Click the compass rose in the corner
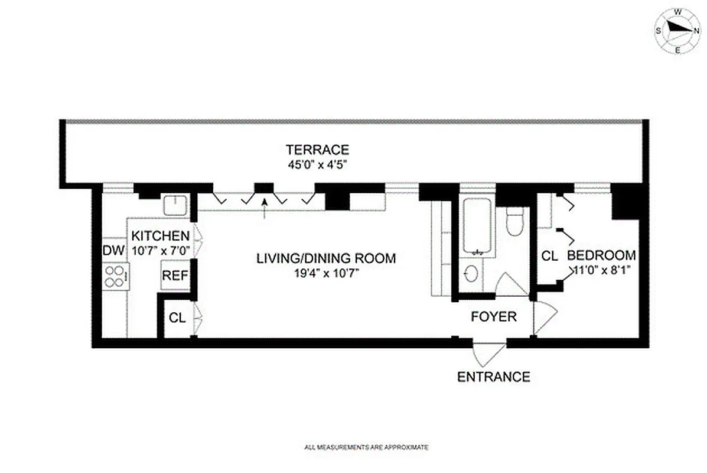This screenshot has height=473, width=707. click(677, 31)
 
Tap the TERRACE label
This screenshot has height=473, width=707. click(317, 150)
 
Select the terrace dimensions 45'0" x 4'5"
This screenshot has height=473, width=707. click(317, 165)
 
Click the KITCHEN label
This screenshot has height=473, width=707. click(161, 235)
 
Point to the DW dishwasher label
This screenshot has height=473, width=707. click(114, 250)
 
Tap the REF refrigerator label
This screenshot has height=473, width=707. click(175, 276)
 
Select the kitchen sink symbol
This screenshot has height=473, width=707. click(176, 206)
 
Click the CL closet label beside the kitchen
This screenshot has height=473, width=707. click(177, 318)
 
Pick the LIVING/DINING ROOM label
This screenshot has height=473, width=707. click(325, 258)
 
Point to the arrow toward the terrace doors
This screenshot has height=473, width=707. click(265, 208)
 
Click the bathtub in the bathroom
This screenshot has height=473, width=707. click(478, 227)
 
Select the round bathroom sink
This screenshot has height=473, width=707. click(471, 274)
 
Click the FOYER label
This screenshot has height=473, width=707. click(493, 317)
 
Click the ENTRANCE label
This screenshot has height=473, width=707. click(494, 377)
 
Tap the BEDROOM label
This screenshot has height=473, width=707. click(601, 255)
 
